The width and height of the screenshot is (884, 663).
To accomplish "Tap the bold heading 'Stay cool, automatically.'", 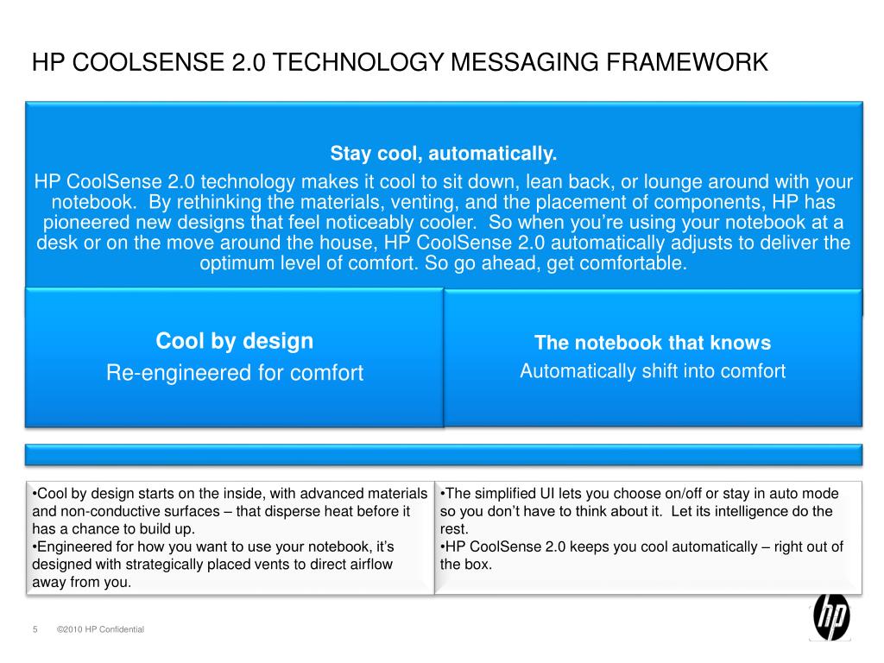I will point(444,155).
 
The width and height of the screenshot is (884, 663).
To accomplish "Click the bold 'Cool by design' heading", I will point(234,341).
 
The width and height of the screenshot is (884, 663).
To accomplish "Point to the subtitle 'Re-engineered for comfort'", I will point(234,373).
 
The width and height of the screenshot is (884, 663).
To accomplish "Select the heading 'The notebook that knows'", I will point(653,343).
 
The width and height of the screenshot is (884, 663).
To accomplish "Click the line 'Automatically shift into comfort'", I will point(653,371).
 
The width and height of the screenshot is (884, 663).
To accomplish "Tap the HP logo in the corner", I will point(831,616).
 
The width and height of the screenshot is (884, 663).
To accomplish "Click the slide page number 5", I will point(35,629).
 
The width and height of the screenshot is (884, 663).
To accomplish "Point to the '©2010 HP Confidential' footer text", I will point(100,629).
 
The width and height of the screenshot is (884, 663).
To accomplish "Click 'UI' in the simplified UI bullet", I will point(549,494).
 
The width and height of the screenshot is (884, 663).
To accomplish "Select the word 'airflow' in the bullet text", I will point(366,565).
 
